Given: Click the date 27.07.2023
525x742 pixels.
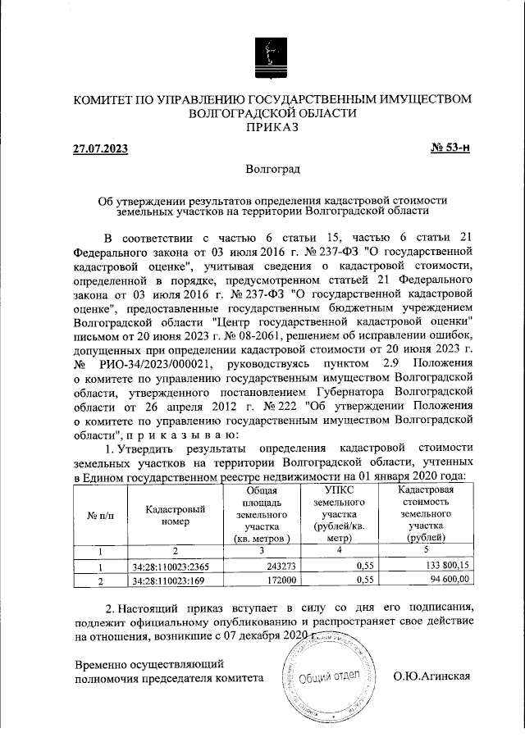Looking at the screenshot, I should point(100,148).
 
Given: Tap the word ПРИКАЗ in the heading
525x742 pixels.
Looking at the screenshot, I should point(272,127).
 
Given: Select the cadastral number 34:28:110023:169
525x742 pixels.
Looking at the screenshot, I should point(165,580).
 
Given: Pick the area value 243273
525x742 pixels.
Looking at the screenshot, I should point(280,566).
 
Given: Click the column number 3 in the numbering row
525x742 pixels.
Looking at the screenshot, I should point(257,551).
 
